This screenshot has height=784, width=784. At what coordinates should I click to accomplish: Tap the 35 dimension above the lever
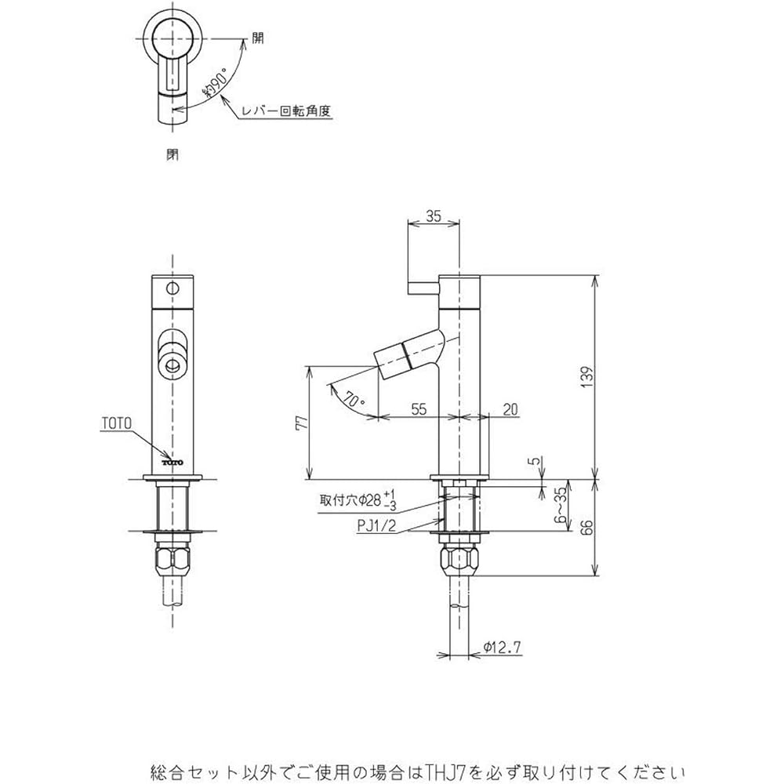point(434,216)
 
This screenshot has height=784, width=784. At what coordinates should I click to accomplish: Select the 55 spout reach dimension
point(419,409)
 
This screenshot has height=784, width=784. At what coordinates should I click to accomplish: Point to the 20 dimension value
point(510,409)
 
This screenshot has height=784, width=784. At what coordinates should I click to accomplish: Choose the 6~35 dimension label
point(563,505)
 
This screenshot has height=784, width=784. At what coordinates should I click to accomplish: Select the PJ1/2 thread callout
point(376,525)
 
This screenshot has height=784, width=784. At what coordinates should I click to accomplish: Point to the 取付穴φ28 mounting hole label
point(357,499)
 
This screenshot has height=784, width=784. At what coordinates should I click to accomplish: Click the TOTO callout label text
point(117,423)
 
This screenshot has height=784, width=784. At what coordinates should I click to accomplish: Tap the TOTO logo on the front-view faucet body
point(172,463)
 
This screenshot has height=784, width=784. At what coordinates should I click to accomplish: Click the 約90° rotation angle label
point(215,84)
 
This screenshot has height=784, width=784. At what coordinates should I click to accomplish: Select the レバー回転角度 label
point(286,111)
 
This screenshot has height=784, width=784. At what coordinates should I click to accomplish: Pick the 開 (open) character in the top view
point(257,38)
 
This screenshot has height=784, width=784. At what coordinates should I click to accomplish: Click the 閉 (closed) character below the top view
point(172,155)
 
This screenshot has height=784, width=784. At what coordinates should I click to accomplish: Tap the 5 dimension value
point(536,460)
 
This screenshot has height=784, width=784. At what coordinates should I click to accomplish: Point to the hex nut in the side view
point(459,559)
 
